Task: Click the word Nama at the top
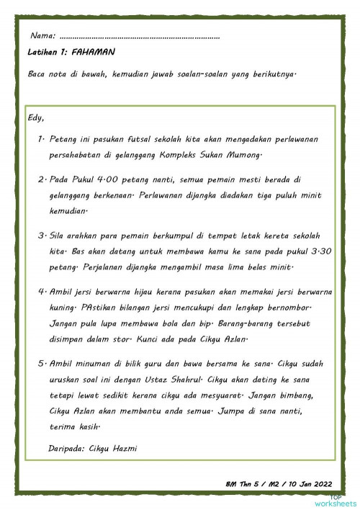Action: coord(42,35)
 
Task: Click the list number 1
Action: coord(41,138)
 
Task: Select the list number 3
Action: coord(41,236)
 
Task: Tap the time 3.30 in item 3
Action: coord(307,253)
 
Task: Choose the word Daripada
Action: coord(66,449)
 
